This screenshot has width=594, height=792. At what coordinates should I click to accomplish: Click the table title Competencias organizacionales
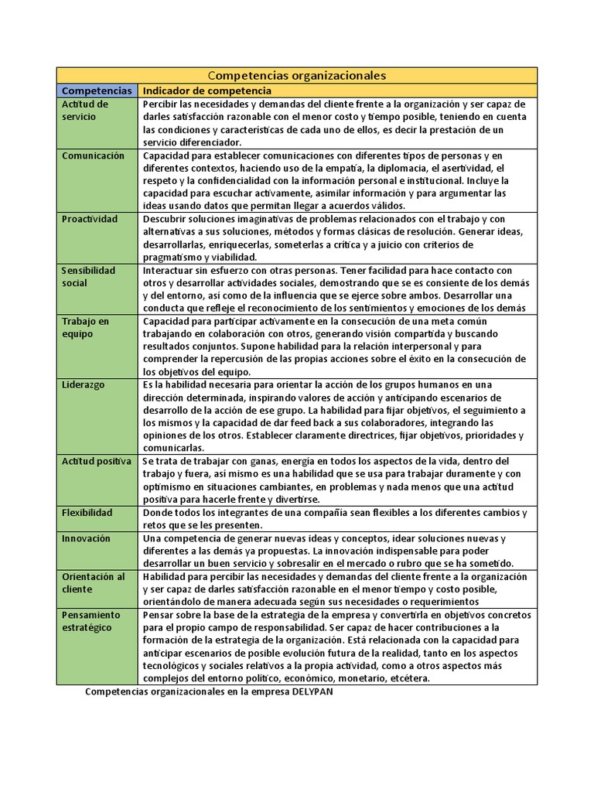click(297, 75)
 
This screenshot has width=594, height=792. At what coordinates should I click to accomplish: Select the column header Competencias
click(97, 90)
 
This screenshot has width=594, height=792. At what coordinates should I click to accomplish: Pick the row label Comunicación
click(93, 155)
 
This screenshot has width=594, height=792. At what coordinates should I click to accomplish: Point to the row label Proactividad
click(90, 219)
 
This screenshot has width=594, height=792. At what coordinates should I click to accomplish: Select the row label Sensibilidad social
click(88, 276)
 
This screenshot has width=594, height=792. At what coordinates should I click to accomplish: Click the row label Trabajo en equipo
click(85, 327)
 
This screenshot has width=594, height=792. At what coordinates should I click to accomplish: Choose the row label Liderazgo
click(84, 384)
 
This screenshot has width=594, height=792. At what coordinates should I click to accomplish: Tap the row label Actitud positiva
click(97, 461)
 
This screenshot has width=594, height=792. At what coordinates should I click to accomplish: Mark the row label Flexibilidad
click(87, 512)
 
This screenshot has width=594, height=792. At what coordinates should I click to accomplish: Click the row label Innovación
click(86, 538)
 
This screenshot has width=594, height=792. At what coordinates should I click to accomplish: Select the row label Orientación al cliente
click(93, 582)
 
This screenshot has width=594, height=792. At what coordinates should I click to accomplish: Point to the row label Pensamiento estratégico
click(91, 621)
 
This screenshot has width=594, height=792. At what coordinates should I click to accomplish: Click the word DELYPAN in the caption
click(312, 692)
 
